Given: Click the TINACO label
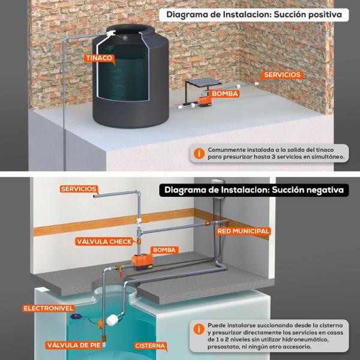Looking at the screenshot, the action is (99, 58).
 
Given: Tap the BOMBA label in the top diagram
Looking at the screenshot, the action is (225, 94).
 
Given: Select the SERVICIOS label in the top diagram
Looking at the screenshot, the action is (282, 75).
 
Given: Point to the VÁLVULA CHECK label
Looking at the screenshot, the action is (104, 242).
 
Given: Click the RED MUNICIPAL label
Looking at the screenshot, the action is (243, 231).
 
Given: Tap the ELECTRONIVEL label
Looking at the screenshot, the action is (48, 308).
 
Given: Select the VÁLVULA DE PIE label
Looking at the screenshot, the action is (74, 346).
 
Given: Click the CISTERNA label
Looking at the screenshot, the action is (150, 346).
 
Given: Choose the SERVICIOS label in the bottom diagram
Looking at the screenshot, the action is (79, 189).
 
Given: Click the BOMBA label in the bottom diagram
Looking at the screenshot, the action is (164, 250).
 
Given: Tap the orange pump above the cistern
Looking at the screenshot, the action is (142, 261).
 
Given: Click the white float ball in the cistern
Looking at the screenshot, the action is (112, 320).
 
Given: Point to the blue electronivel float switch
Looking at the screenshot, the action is (74, 317).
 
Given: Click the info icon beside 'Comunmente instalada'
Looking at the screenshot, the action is (199, 154).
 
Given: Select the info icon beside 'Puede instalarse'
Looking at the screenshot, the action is (199, 329).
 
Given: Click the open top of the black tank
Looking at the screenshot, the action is (130, 29).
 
